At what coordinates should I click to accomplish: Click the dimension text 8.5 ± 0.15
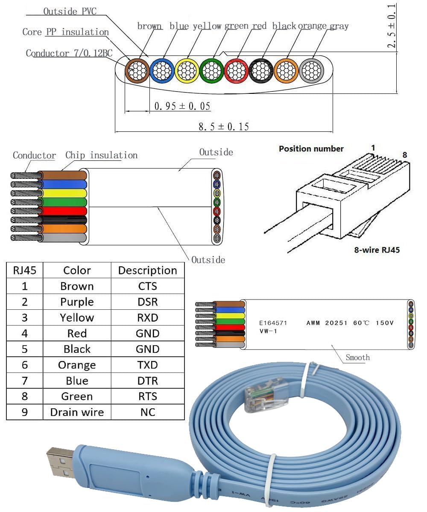(x=224, y=126)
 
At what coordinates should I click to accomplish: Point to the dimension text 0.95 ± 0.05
(x=182, y=106)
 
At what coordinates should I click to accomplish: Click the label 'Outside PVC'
(x=70, y=11)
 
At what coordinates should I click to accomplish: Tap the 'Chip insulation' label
(x=101, y=155)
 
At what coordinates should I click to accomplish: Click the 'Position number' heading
(x=311, y=148)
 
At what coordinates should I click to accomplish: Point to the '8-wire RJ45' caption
(x=377, y=250)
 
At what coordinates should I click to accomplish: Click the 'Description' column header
(x=147, y=271)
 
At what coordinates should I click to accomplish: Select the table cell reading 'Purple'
(x=77, y=302)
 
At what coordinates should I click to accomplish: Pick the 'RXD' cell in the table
(x=147, y=318)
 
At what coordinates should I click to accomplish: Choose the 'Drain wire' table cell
(x=77, y=412)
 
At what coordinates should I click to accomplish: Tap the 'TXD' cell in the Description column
(x=147, y=365)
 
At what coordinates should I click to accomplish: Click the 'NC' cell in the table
(x=147, y=412)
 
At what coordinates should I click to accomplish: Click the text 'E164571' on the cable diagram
(x=273, y=323)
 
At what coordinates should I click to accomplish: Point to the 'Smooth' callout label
(x=358, y=358)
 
